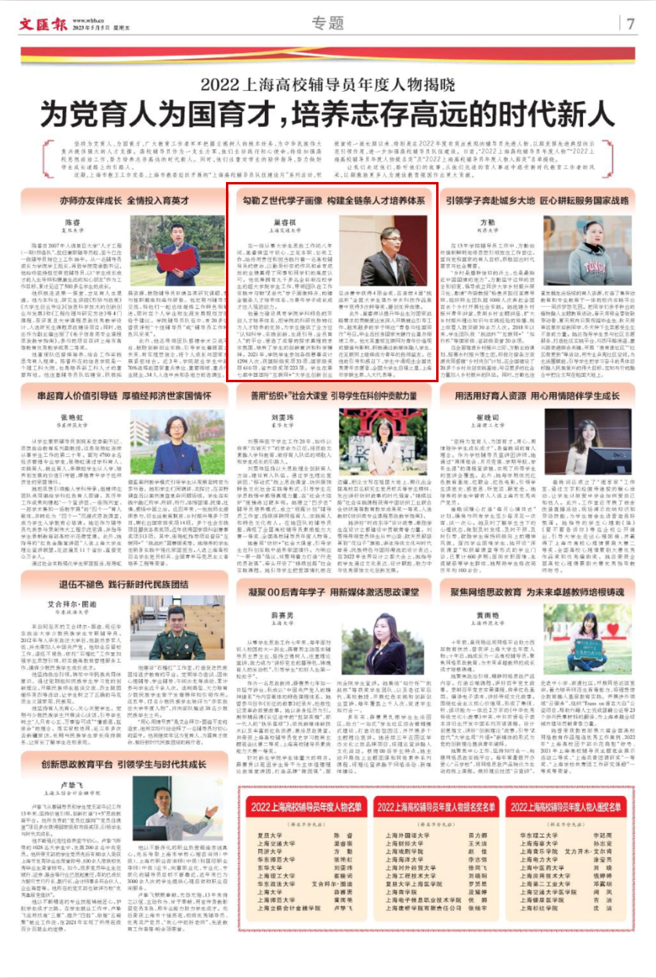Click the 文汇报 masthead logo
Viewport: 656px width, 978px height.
[x=44, y=24]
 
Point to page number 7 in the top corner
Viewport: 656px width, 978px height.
[x=630, y=24]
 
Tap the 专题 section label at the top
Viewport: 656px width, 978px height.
[x=327, y=23]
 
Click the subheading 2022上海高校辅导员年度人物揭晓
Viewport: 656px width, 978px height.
[x=327, y=84]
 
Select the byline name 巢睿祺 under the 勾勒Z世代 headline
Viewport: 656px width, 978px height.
[x=284, y=223]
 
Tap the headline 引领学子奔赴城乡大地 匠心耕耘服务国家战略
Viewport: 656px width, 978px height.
[x=537, y=200]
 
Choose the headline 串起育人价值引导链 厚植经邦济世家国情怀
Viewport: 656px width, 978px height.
[x=125, y=396]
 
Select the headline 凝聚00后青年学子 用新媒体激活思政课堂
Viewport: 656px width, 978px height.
[x=333, y=592]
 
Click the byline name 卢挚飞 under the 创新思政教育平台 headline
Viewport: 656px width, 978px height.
[x=72, y=784]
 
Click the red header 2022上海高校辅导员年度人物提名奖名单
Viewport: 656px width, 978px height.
[x=436, y=806]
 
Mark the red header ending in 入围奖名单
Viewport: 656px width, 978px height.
[x=565, y=806]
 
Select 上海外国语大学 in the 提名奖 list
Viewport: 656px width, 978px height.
[x=406, y=835]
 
